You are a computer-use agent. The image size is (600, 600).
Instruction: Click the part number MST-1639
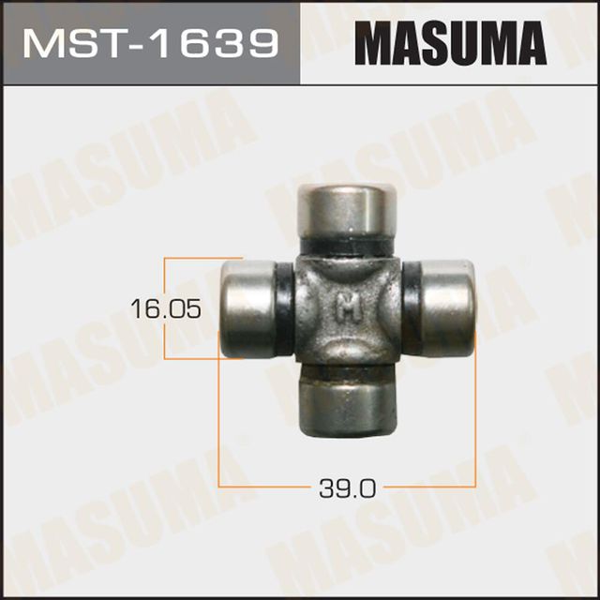[x=150, y=43]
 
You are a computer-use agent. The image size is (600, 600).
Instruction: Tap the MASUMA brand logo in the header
[x=449, y=43]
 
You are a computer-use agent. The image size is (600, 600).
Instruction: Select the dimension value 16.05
[x=166, y=307]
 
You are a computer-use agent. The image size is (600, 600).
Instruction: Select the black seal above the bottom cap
[x=344, y=374]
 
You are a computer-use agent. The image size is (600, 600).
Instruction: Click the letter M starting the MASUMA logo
[x=371, y=43]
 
